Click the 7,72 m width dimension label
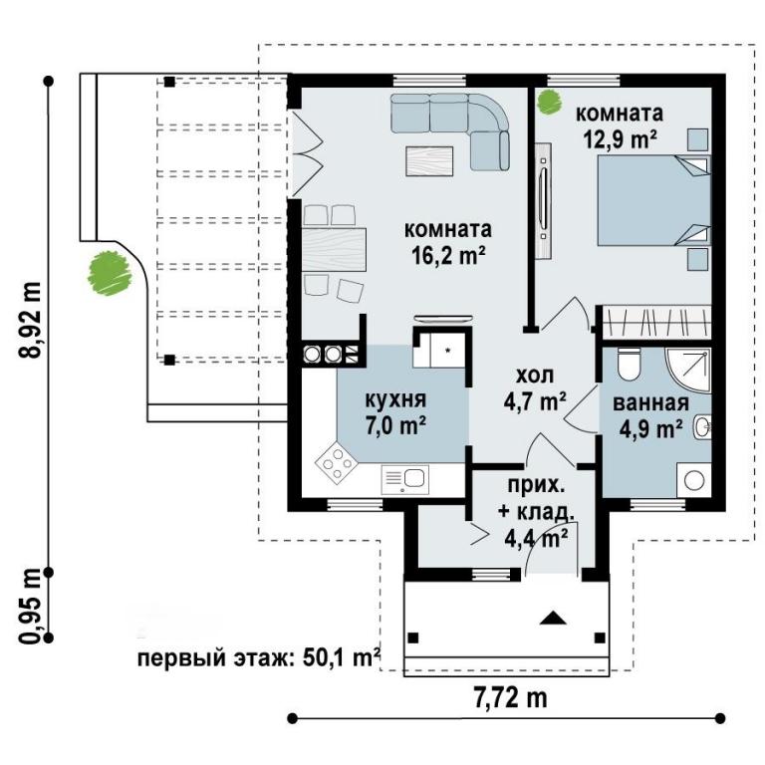tap(510, 698)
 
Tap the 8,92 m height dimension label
tap(30, 320)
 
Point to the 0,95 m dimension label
tap(30, 605)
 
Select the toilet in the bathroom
tap(628, 365)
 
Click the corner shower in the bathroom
tap(688, 370)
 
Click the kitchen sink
tap(405, 479)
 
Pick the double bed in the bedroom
tap(653, 200)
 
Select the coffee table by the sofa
tap(430, 161)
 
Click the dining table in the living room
tap(335, 249)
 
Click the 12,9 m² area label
tap(620, 139)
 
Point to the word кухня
tap(395, 400)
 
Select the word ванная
tap(650, 403)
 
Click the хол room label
tap(535, 376)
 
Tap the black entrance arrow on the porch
tap(553, 618)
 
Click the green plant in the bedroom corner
tap(549, 102)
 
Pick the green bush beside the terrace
tap(110, 273)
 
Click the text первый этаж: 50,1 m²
tap(259, 658)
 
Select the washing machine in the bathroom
tap(693, 480)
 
